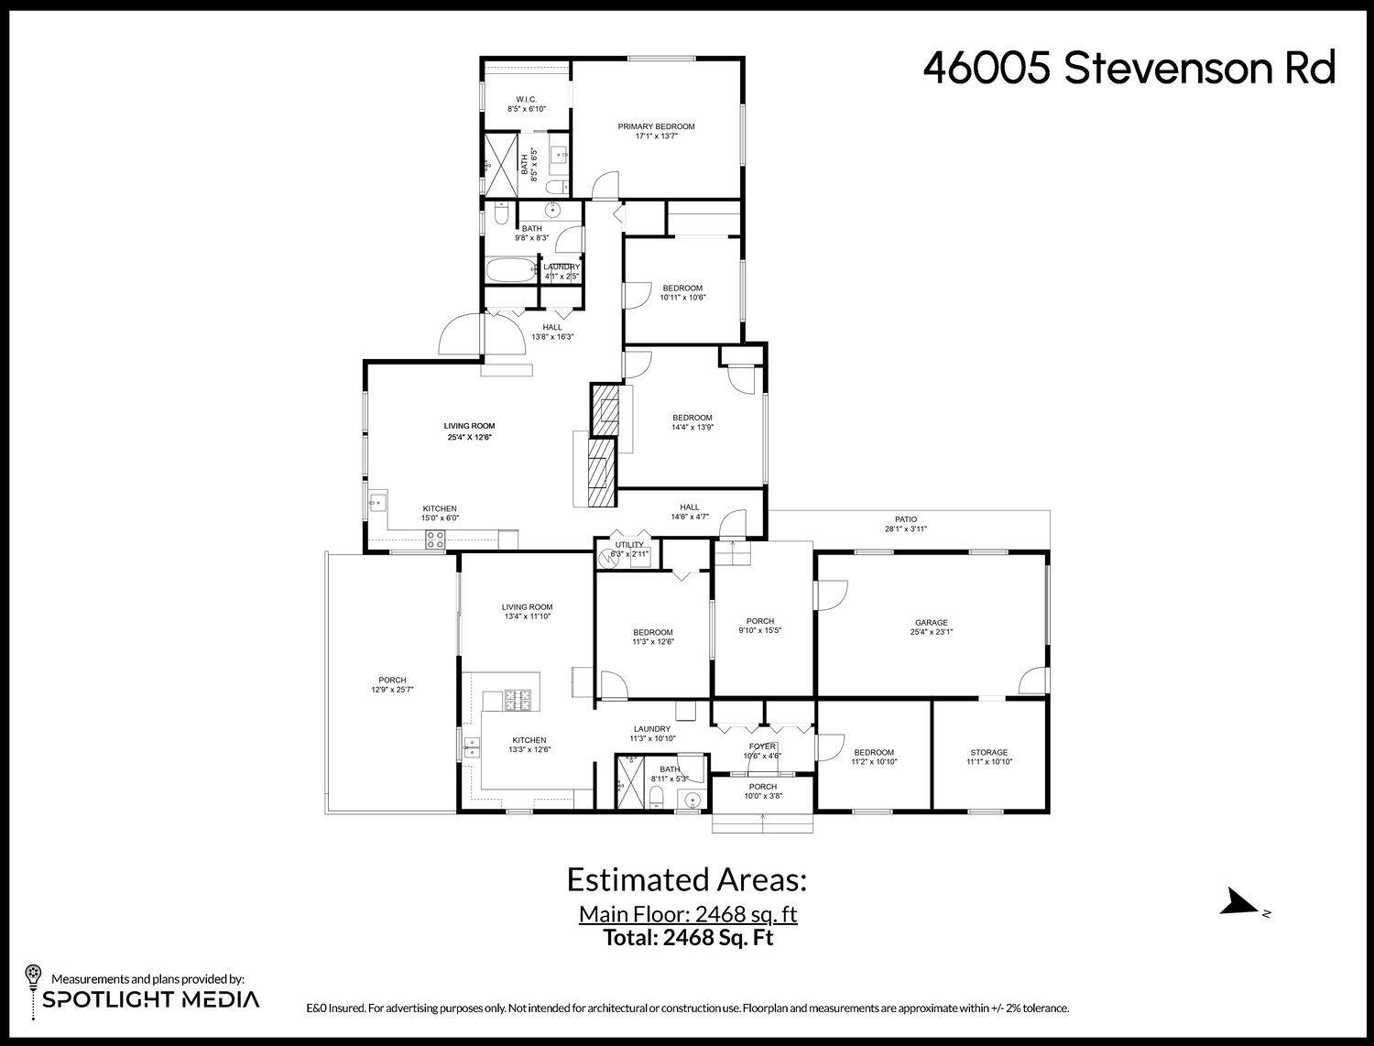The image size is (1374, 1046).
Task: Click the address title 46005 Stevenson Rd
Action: (1129, 69)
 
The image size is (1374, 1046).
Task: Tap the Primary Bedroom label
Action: (656, 126)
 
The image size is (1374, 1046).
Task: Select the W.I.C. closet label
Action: (526, 99)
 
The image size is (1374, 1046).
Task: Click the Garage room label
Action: (931, 623)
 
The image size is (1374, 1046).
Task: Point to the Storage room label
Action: (988, 752)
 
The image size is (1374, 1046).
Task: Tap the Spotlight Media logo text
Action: (150, 998)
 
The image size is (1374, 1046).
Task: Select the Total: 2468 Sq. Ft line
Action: (688, 937)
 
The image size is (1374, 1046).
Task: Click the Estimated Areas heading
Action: (687, 879)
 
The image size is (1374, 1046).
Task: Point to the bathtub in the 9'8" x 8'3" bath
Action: (510, 270)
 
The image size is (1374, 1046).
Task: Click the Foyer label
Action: (762, 746)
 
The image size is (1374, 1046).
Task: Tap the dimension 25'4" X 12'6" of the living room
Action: (469, 437)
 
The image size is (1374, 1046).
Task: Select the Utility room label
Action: (629, 545)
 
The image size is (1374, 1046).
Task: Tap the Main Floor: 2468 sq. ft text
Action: (687, 914)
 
